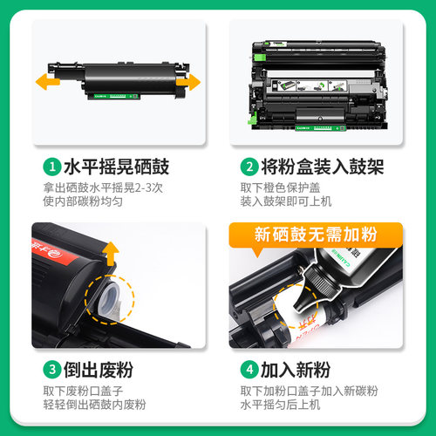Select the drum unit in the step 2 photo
point(316,83)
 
